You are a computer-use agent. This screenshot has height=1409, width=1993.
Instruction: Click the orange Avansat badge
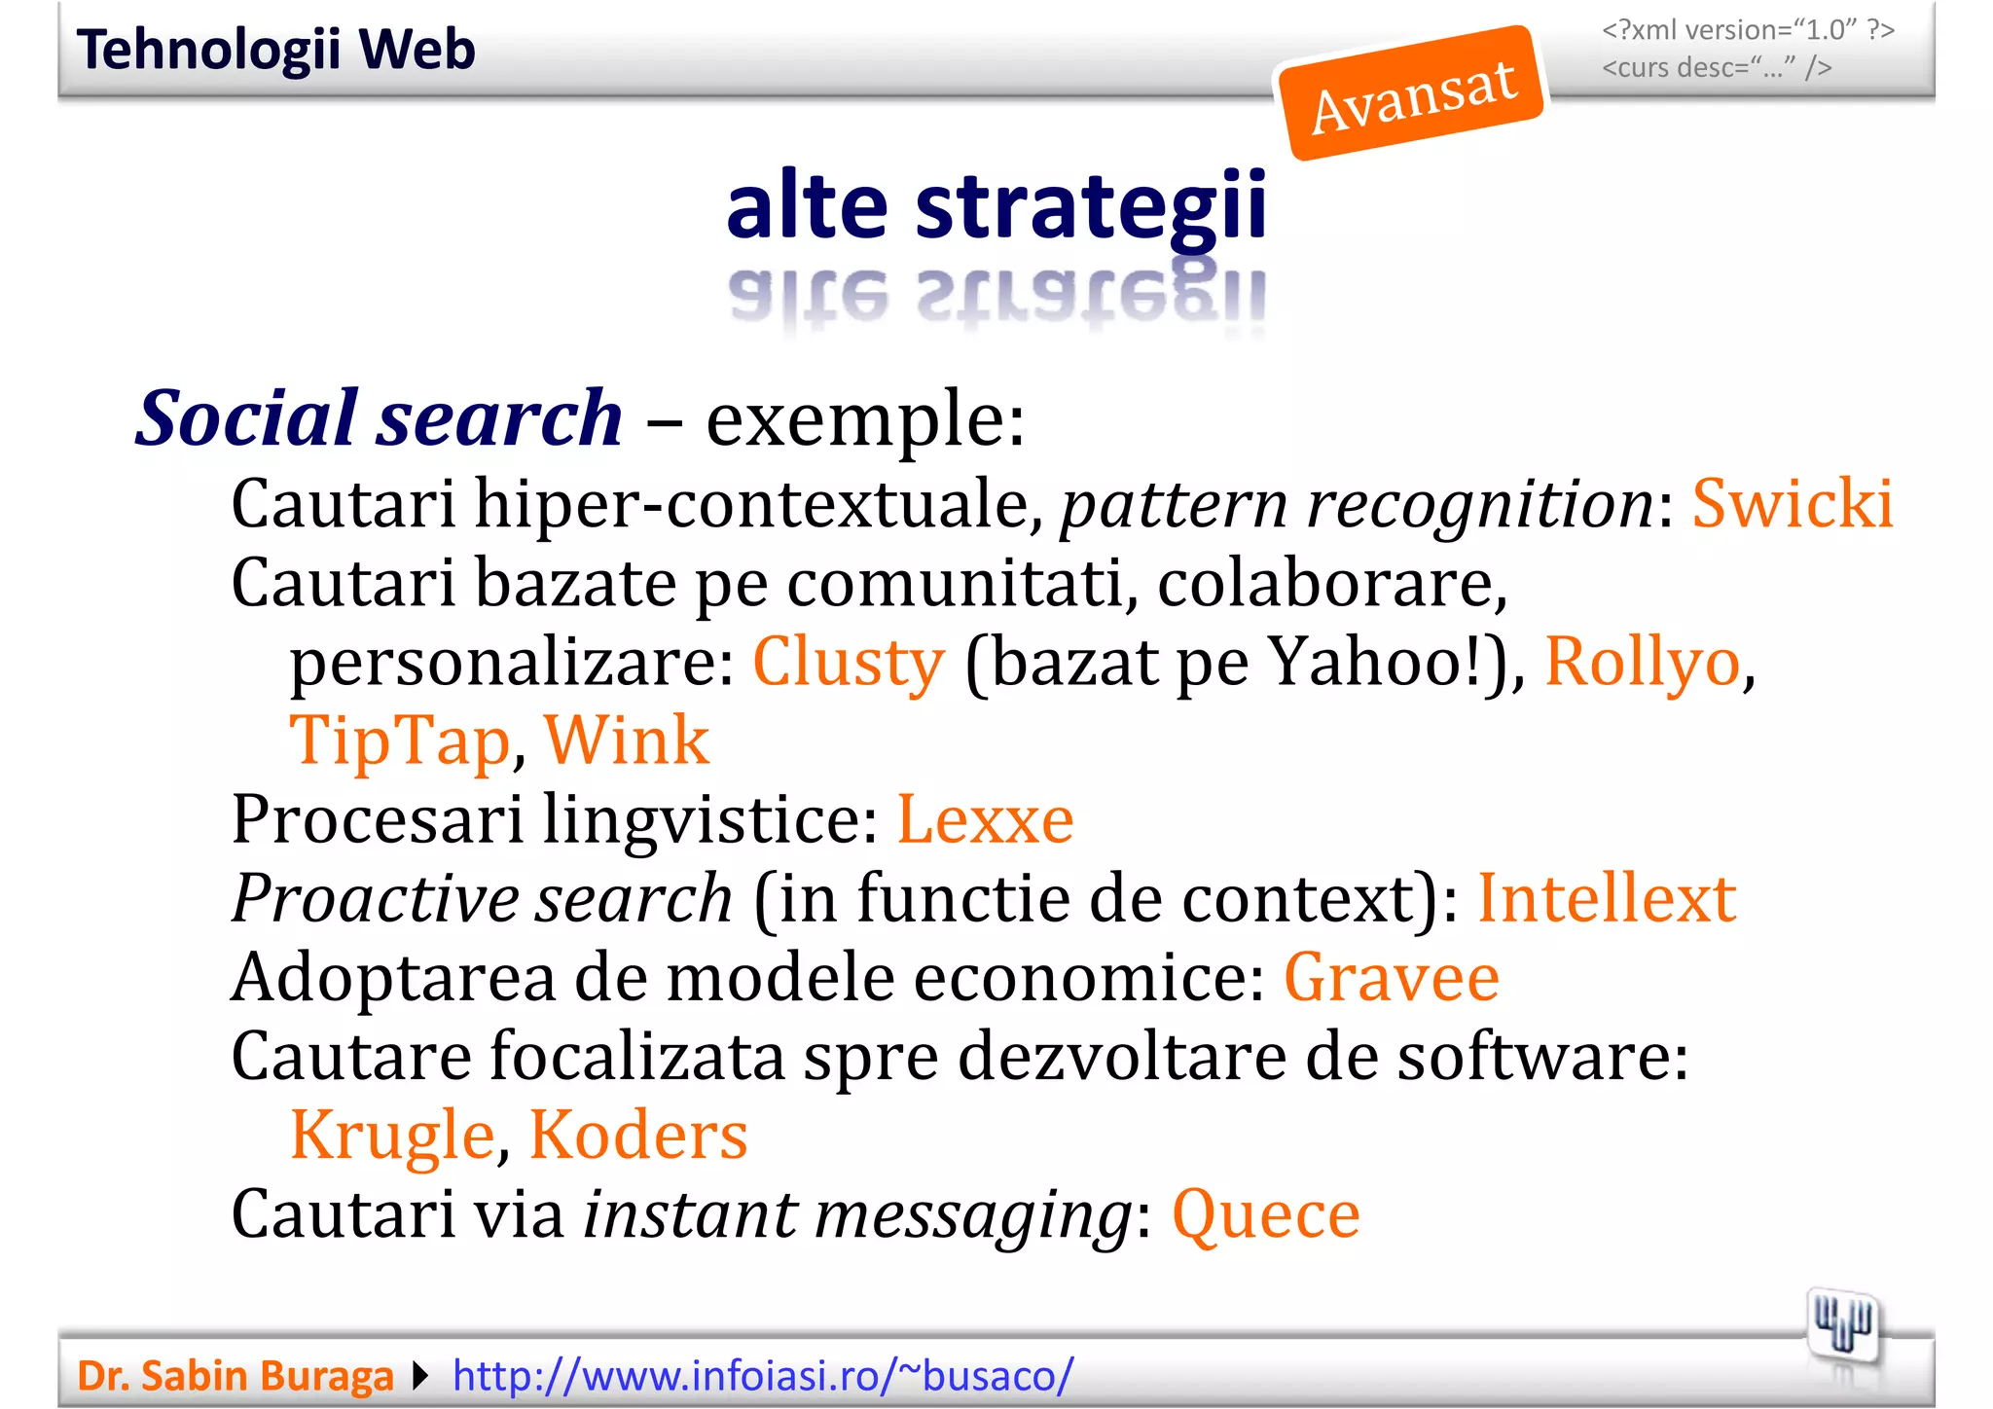tap(1412, 93)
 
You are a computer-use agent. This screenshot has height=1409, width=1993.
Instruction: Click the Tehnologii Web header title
tap(276, 50)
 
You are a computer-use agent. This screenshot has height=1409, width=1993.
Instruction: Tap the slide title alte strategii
tap(996, 206)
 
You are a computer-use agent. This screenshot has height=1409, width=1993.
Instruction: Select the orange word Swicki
tap(1793, 504)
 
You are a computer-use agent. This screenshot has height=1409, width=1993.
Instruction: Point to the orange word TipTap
tap(400, 742)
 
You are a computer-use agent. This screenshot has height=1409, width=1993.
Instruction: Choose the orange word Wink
tap(627, 741)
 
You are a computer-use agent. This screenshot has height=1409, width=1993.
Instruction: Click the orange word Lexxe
tap(985, 819)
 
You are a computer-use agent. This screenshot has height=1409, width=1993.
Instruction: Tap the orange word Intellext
tap(1607, 898)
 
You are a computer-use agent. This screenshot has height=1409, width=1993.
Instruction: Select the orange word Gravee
tap(1392, 978)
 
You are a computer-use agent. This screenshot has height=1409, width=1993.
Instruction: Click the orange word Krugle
tap(393, 1136)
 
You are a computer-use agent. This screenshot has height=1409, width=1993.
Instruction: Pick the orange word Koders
tap(638, 1136)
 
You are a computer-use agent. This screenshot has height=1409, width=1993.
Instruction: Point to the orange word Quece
tap(1266, 1215)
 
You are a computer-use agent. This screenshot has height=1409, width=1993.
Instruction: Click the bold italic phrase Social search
tap(379, 418)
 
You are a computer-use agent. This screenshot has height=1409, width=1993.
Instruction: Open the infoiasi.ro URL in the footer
tap(763, 1376)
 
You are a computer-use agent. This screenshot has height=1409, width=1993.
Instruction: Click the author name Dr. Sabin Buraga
tap(236, 1376)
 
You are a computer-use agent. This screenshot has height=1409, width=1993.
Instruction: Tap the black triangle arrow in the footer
tap(420, 1376)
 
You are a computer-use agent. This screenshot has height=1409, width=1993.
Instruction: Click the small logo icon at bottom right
tap(1843, 1327)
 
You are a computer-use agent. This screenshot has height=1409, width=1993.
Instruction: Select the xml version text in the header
tap(1748, 30)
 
